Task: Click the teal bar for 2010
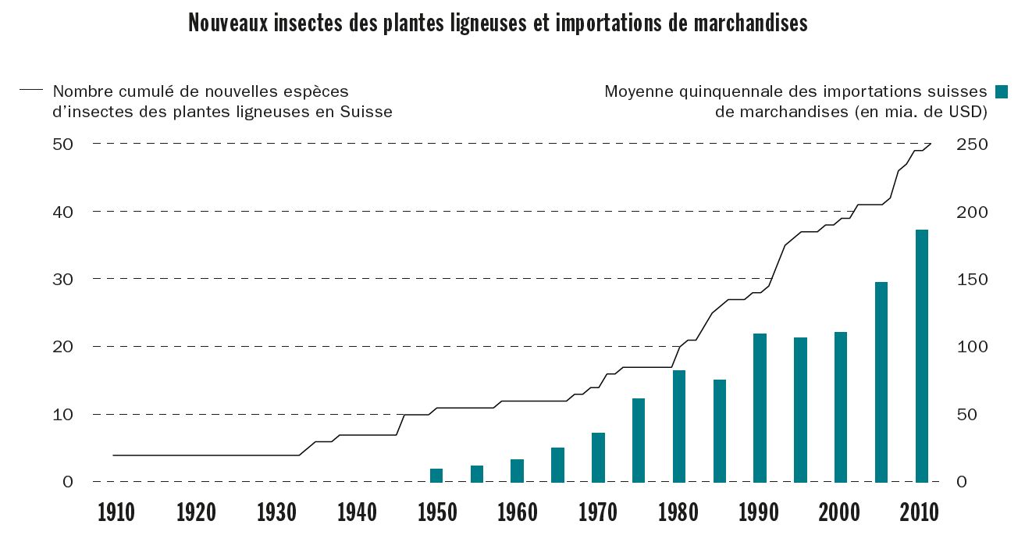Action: click(x=922, y=356)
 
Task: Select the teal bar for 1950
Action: click(x=436, y=475)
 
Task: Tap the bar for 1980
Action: click(x=679, y=426)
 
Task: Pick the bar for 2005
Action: click(x=881, y=382)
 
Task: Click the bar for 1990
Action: click(x=760, y=408)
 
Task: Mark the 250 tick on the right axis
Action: click(x=973, y=145)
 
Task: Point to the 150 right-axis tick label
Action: click(x=973, y=280)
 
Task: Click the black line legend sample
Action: click(x=31, y=91)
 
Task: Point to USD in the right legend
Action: click(x=968, y=112)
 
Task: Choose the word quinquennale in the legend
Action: click(x=724, y=91)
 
